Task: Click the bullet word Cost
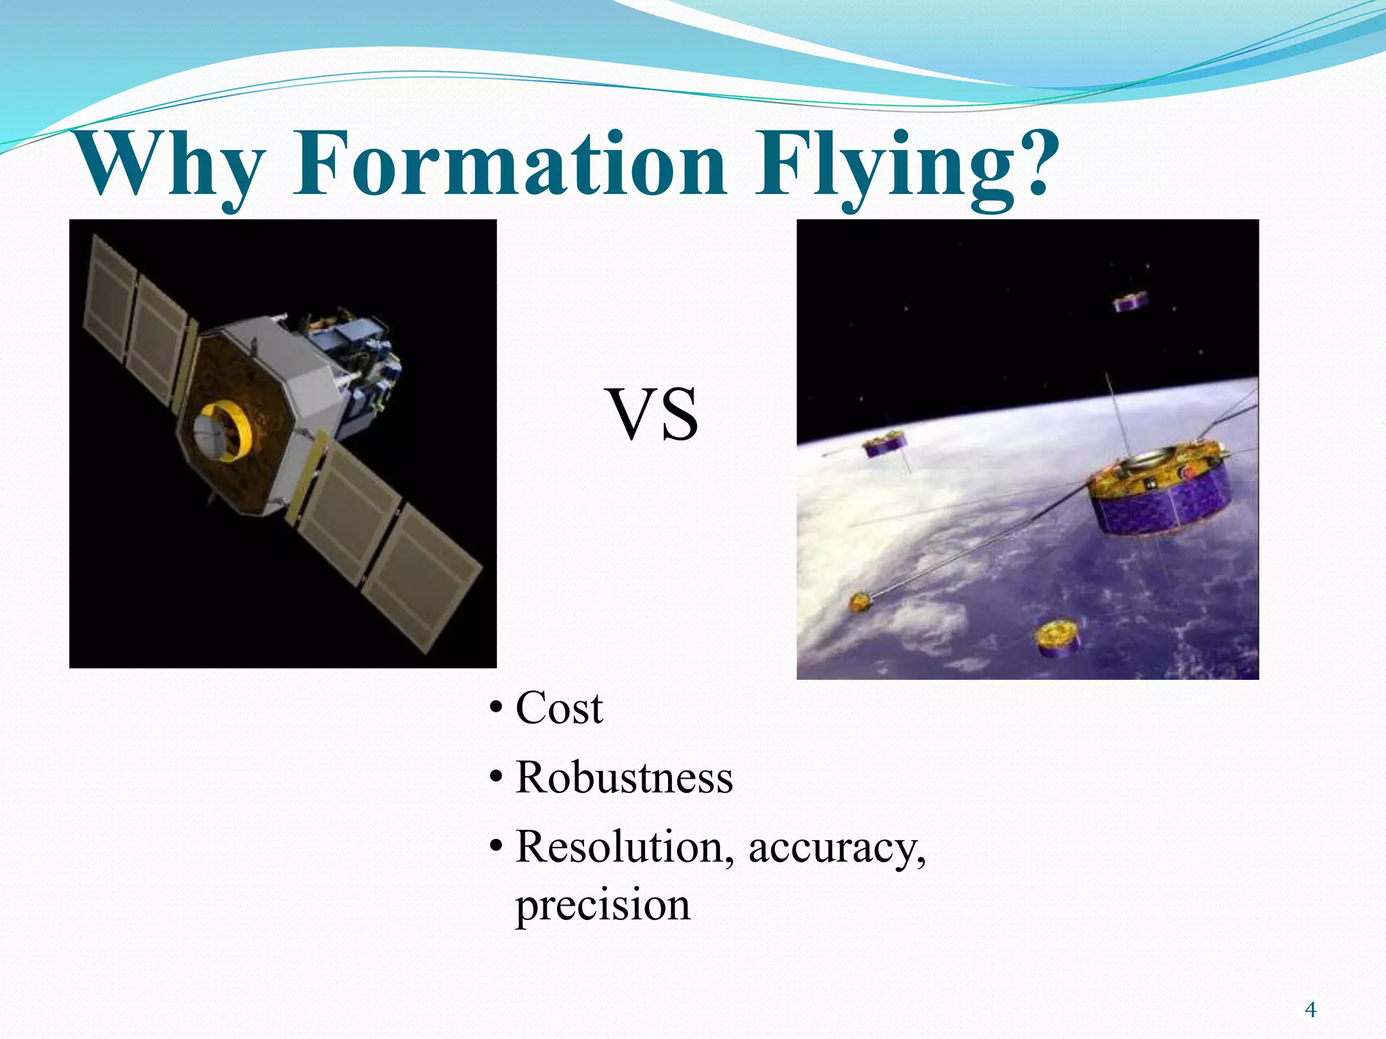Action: pyautogui.click(x=559, y=709)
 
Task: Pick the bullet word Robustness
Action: pyautogui.click(x=624, y=778)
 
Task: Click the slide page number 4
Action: pyautogui.click(x=1310, y=1010)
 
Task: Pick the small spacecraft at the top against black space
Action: pyautogui.click(x=1131, y=300)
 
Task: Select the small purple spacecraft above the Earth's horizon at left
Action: pyautogui.click(x=884, y=444)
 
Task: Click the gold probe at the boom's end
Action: pyautogui.click(x=860, y=601)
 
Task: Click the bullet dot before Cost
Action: pyautogui.click(x=496, y=709)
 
